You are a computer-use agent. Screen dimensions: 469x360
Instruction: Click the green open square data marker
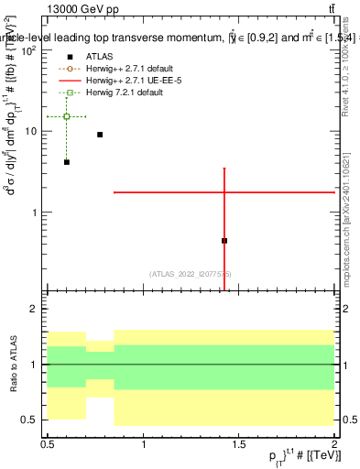[67, 116]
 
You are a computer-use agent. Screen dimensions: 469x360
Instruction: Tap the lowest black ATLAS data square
[224, 241]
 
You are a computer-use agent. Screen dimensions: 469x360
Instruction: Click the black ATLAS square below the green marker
[67, 162]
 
